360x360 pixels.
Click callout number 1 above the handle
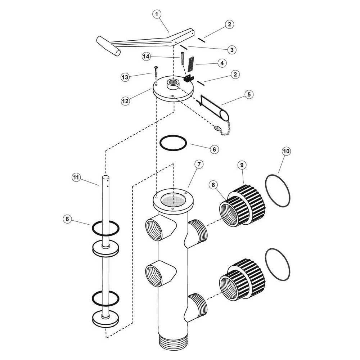(157, 14)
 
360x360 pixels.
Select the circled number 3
(232, 49)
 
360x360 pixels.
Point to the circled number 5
(249, 94)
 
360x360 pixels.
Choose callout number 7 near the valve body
(198, 164)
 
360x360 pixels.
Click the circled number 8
(213, 185)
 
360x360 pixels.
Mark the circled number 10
(286, 151)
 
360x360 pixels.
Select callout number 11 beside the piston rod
(76, 177)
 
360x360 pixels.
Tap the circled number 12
(125, 101)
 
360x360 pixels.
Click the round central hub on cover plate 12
(173, 85)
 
